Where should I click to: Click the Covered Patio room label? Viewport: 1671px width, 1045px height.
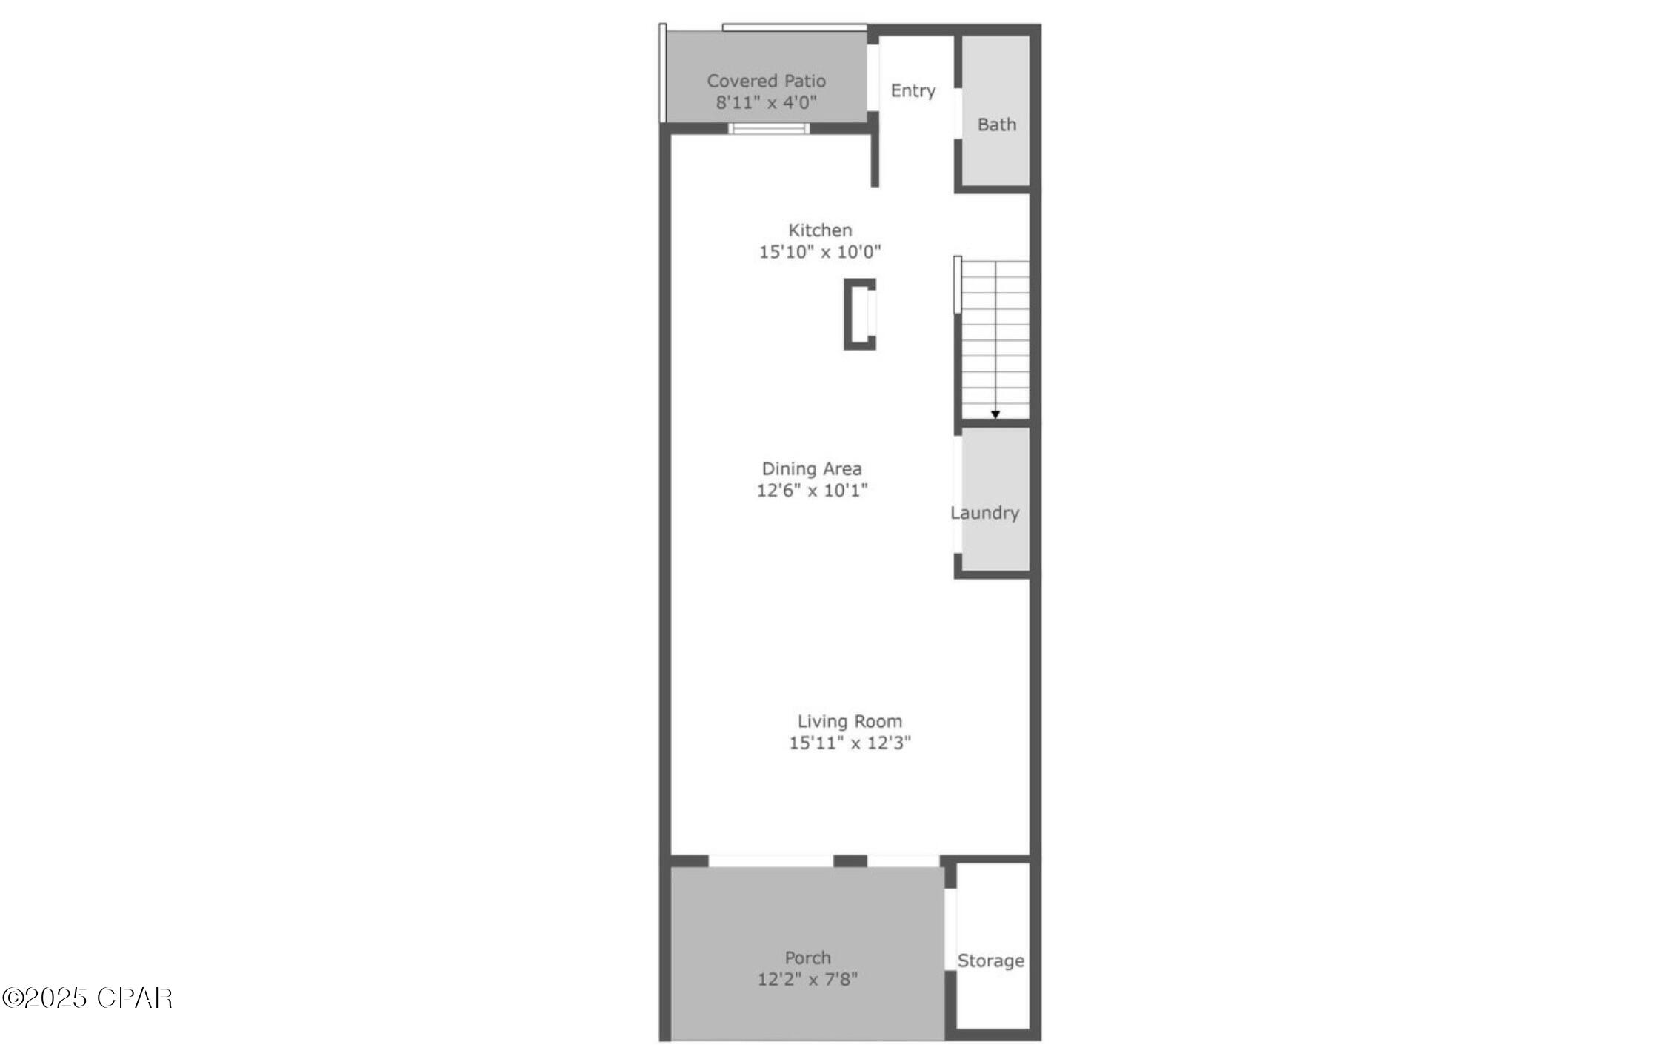point(766,81)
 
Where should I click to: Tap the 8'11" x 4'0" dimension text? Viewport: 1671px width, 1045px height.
point(766,102)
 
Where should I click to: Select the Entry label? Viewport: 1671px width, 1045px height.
point(913,90)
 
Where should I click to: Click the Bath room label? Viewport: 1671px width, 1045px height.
point(996,125)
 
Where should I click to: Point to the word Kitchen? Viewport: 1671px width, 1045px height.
point(820,230)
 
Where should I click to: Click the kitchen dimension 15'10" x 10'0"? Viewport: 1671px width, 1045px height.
point(820,251)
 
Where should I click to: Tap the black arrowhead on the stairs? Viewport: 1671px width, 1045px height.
point(995,414)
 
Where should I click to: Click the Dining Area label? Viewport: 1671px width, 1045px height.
point(812,468)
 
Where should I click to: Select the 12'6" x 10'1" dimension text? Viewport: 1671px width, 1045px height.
point(812,490)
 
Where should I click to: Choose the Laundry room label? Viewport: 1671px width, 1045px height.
point(984,513)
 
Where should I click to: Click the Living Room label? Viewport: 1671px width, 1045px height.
point(850,721)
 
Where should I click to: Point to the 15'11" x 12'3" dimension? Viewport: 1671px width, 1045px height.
point(850,743)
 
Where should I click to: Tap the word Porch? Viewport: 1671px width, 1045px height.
point(807,958)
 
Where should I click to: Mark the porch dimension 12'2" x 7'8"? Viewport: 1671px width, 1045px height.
point(807,979)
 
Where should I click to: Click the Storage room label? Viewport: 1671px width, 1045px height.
point(990,961)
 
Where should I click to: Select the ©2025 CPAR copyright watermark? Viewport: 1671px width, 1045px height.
point(87,998)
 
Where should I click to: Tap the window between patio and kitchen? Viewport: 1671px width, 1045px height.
point(769,129)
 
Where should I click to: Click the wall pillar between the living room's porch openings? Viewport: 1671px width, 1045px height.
point(850,860)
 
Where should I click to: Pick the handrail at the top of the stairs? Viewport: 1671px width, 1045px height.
point(958,285)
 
